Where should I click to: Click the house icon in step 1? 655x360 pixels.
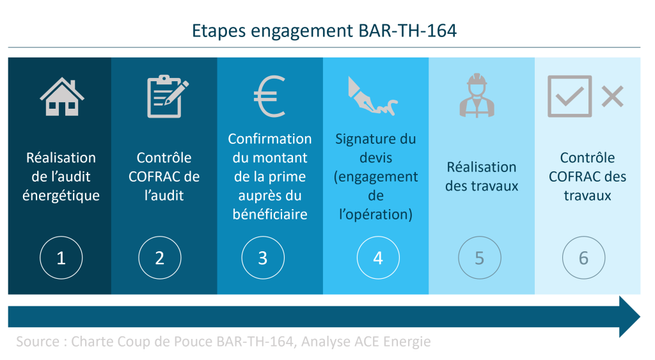click(x=62, y=97)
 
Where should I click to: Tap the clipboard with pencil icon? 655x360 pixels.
click(x=167, y=97)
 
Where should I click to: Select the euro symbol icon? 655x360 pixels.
click(x=270, y=97)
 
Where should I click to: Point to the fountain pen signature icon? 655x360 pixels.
click(x=372, y=96)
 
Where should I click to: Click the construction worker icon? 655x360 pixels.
click(x=477, y=95)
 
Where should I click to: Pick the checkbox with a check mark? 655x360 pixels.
click(x=570, y=96)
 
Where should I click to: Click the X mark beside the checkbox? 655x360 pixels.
click(x=612, y=97)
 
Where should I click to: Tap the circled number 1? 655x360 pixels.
click(x=61, y=258)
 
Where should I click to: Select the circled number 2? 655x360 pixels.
click(x=159, y=258)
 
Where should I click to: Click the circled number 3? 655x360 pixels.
click(x=263, y=258)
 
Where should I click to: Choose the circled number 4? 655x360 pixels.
click(x=378, y=258)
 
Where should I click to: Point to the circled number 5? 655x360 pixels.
click(x=480, y=258)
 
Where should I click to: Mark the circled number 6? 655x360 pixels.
click(x=583, y=258)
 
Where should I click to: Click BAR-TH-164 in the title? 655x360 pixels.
click(x=407, y=31)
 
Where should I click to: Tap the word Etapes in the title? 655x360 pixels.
click(x=219, y=31)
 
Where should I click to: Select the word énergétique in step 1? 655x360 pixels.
click(x=61, y=196)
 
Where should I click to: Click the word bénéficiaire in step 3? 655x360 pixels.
click(x=270, y=214)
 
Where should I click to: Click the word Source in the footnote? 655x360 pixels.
click(x=38, y=341)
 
